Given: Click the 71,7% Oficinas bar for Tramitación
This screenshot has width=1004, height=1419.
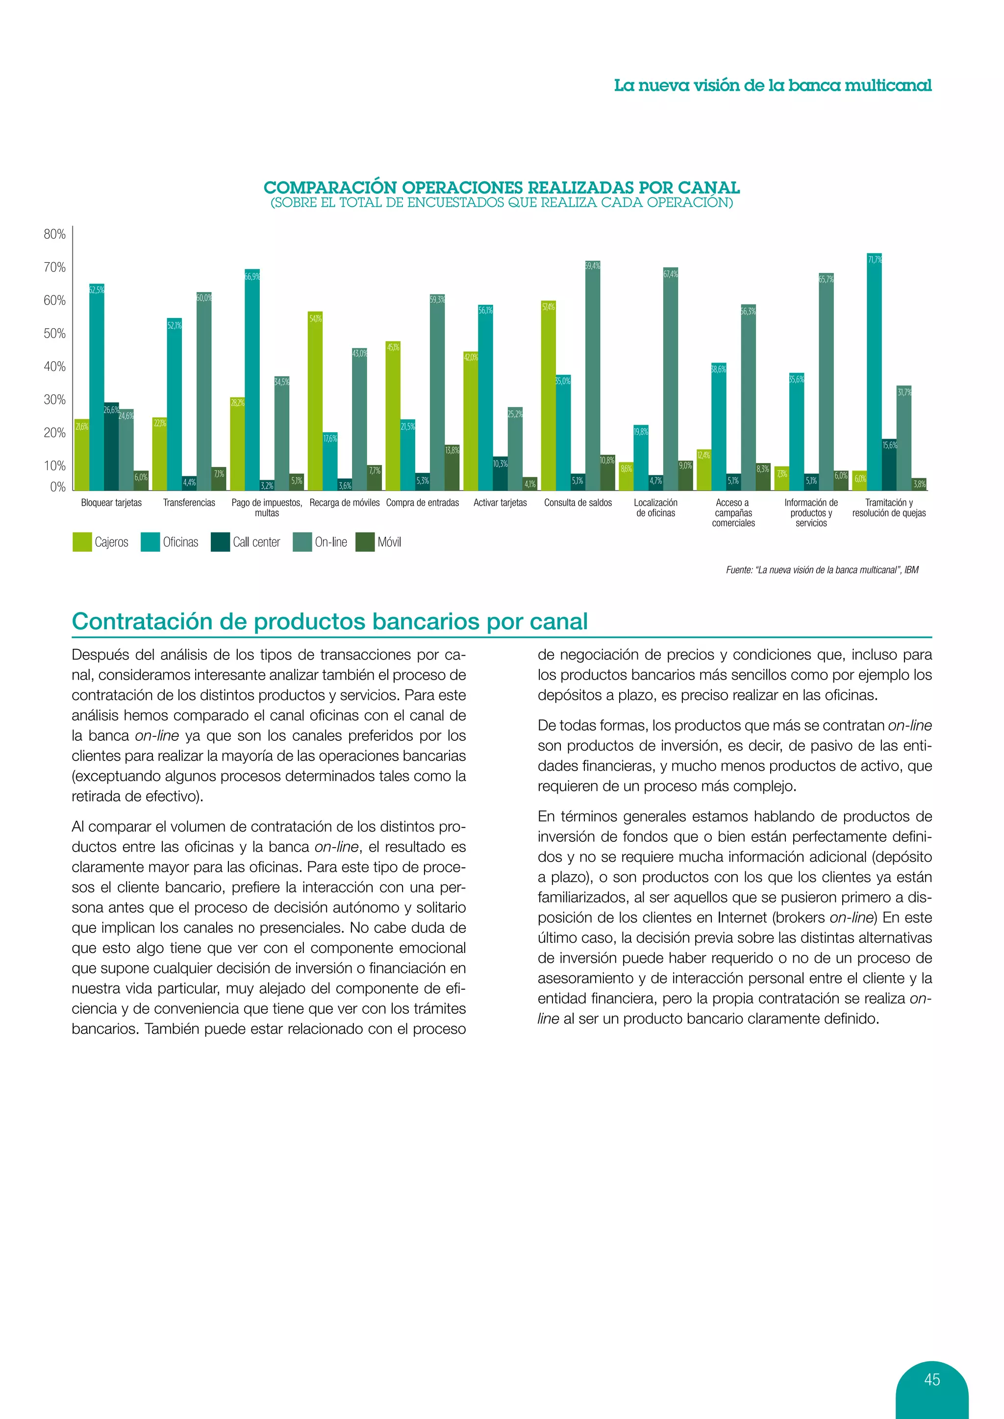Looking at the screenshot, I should tap(874, 377).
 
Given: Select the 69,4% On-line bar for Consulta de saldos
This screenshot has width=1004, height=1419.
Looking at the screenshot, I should tap(592, 377).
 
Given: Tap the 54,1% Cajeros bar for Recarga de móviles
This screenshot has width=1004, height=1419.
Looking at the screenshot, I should tap(315, 402).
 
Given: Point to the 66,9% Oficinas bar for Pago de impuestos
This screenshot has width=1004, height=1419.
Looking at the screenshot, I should tap(252, 380).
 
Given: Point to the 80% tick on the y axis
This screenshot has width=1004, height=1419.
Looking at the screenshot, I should tap(55, 234).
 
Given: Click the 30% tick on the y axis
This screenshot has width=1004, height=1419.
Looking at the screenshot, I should tap(55, 400).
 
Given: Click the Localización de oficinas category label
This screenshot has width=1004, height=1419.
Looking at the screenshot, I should tap(655, 508).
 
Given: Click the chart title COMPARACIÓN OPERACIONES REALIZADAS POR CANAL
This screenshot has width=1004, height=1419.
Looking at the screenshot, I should tap(502, 187).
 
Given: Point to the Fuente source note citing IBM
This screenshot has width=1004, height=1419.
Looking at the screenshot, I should tap(822, 570).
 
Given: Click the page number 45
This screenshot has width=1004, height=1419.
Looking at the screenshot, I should tap(931, 1379).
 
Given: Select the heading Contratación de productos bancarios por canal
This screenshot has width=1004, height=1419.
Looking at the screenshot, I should tap(329, 621).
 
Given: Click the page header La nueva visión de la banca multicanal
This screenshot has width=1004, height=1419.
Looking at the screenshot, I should tap(772, 85).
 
